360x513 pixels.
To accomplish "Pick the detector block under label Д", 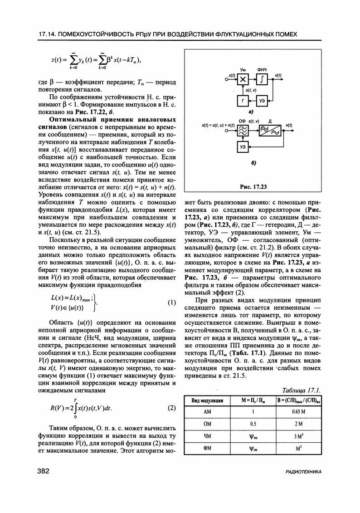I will [x=269, y=132].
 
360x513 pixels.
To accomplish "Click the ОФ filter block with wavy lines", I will [x=243, y=132].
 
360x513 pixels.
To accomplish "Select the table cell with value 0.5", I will [x=248, y=424].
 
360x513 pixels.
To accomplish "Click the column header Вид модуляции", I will [x=207, y=401].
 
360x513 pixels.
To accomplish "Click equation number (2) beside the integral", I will [x=171, y=407].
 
